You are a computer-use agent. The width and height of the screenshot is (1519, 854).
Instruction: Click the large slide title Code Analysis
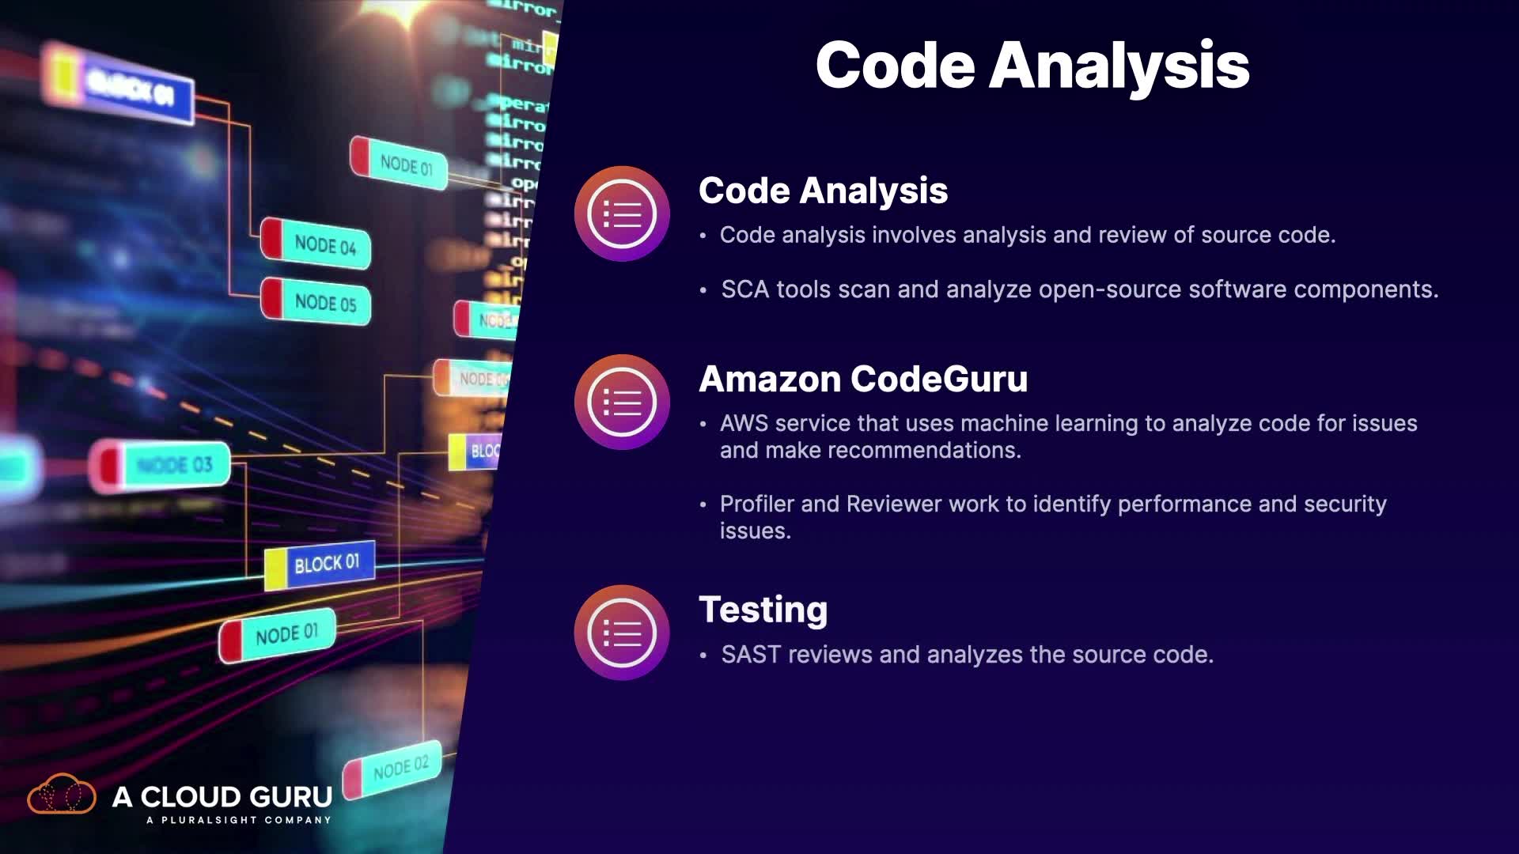click(1032, 66)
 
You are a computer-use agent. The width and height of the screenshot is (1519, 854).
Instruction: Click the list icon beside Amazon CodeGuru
click(622, 402)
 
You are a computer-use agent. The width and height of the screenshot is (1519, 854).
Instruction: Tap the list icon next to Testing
click(622, 633)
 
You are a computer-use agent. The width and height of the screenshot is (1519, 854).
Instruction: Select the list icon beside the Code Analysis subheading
click(622, 213)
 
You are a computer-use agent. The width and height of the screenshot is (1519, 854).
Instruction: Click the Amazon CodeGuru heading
click(863, 379)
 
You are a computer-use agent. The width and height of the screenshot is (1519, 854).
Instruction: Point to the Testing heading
click(763, 610)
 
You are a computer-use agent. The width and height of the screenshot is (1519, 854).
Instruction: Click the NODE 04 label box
click(316, 244)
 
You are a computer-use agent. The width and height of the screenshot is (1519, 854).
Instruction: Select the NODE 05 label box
click(316, 302)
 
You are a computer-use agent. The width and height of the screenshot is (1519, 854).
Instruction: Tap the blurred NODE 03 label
click(162, 465)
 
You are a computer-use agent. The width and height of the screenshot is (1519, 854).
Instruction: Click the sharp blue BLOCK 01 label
click(320, 565)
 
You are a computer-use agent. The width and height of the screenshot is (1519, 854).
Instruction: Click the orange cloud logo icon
click(61, 795)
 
